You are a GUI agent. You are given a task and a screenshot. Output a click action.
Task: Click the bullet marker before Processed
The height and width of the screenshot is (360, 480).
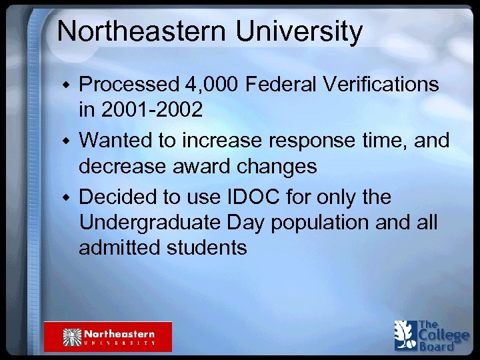(x=65, y=85)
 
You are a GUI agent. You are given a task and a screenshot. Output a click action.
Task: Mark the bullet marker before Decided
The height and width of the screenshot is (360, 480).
(x=65, y=198)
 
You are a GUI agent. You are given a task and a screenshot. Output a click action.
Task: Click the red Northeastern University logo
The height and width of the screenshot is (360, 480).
(x=108, y=337)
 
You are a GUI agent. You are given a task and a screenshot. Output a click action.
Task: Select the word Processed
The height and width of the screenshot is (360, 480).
(x=128, y=85)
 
